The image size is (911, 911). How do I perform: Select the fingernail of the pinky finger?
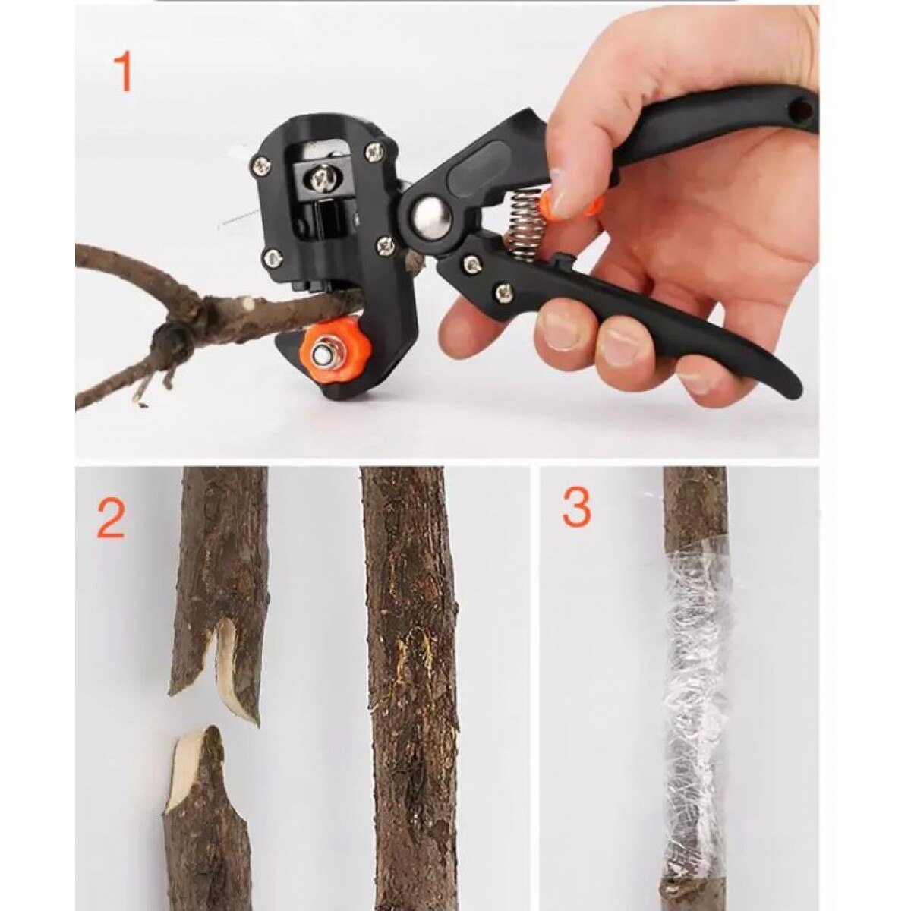695,379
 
